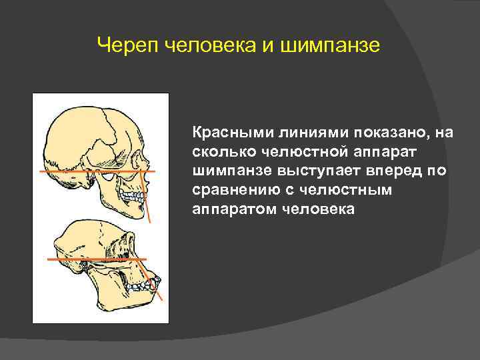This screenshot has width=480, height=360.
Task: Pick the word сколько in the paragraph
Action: pyautogui.click(x=221, y=152)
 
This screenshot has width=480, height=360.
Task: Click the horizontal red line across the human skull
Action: pyautogui.click(x=67, y=171)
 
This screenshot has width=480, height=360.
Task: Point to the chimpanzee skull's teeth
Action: pyautogui.click(x=143, y=286)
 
